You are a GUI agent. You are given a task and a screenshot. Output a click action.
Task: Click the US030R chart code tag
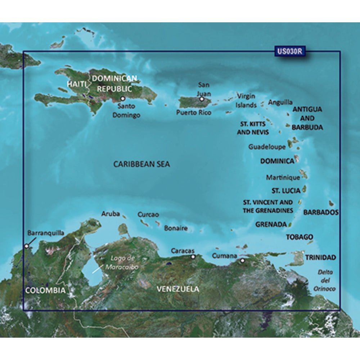(289, 51)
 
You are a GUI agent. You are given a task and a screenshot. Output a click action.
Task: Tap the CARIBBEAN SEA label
(141, 164)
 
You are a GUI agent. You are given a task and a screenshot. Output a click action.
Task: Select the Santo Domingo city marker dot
(122, 98)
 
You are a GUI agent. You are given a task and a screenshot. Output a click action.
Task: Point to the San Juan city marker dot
(202, 99)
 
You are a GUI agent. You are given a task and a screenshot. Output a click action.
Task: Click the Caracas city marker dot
(193, 257)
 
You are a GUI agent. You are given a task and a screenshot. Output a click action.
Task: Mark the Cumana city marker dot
(243, 260)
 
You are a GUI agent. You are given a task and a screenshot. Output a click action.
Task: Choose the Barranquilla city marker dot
(26, 246)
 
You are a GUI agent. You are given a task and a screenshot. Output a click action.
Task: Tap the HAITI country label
(76, 84)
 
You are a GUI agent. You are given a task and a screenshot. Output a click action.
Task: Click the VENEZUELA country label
(178, 289)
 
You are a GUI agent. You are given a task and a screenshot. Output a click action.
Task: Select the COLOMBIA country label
(45, 290)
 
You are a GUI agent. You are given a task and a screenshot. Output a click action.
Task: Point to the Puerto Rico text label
(194, 112)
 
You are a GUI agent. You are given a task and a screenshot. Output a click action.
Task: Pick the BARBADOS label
(321, 212)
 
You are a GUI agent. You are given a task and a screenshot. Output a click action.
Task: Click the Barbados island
(331, 204)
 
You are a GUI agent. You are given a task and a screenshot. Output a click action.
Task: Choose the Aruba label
(111, 214)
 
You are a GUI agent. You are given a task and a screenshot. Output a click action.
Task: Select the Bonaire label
(176, 228)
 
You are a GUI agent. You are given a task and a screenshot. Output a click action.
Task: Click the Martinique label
(283, 177)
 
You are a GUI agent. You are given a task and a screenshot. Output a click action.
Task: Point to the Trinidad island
(297, 258)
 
